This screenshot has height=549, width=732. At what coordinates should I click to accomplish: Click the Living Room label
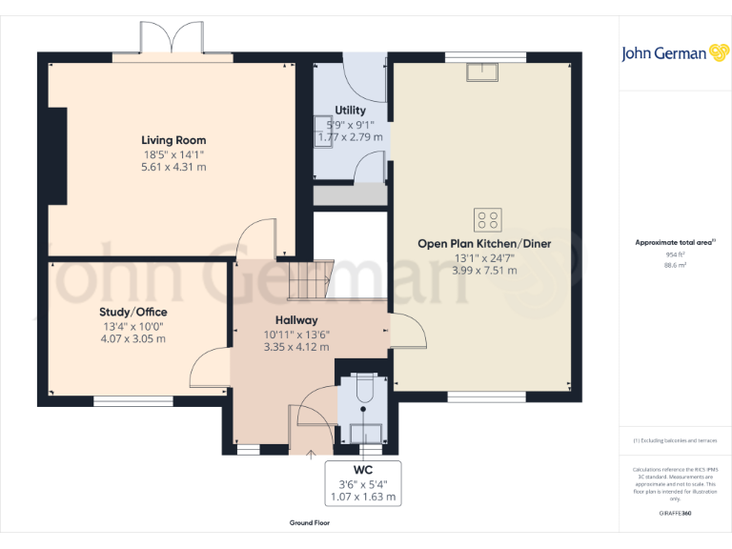173,140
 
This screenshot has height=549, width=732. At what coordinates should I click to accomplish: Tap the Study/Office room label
132,312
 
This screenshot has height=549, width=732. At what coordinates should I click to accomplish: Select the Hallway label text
296,320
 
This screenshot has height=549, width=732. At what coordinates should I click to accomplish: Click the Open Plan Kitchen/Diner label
484,244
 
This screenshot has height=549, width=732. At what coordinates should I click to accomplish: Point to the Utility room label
350,111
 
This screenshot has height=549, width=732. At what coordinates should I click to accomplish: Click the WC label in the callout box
362,471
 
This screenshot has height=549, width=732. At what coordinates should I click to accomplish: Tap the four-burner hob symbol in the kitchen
487,220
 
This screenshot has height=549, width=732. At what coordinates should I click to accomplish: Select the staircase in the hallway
306,279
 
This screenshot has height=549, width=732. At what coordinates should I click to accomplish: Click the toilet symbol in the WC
362,392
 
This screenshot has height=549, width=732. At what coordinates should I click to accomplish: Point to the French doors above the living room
173,39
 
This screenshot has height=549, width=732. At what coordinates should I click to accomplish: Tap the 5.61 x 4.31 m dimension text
173,167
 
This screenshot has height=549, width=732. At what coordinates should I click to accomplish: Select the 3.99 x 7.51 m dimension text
484,271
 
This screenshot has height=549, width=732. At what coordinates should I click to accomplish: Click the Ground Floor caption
310,523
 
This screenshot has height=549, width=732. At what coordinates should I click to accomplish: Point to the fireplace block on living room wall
57,154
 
